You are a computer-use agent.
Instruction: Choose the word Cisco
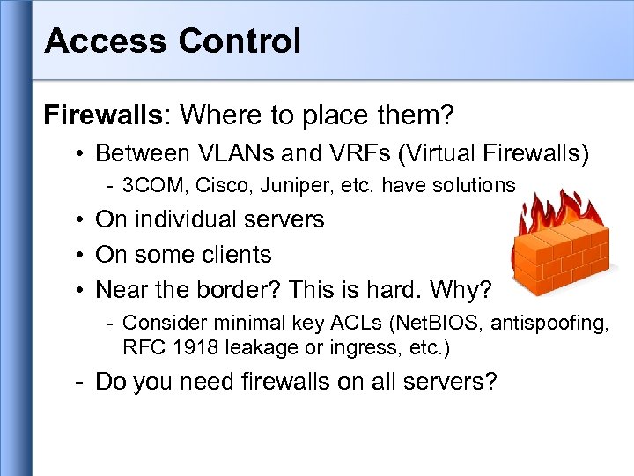pos(225,185)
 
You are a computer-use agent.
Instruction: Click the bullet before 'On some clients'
pos(79,255)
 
